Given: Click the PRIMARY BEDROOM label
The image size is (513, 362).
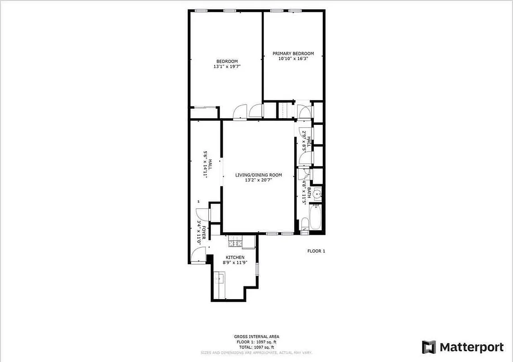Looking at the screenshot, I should pos(293,53).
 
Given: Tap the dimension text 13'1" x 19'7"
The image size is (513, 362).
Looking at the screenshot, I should pos(226,67).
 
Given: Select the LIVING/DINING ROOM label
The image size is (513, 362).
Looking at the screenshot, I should pos(258,175).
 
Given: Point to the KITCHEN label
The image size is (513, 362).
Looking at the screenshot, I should pos(235,257).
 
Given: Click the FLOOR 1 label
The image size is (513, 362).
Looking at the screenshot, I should pos(316,251).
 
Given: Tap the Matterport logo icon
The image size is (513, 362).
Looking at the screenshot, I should pos(429,348).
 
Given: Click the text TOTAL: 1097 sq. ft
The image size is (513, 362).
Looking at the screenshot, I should pos(256,347).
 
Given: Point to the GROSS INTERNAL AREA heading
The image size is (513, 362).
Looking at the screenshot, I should pos(256,336).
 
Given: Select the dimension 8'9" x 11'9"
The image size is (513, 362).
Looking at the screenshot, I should pos(235,262).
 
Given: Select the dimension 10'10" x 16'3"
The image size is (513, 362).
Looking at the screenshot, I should pos(293,58).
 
